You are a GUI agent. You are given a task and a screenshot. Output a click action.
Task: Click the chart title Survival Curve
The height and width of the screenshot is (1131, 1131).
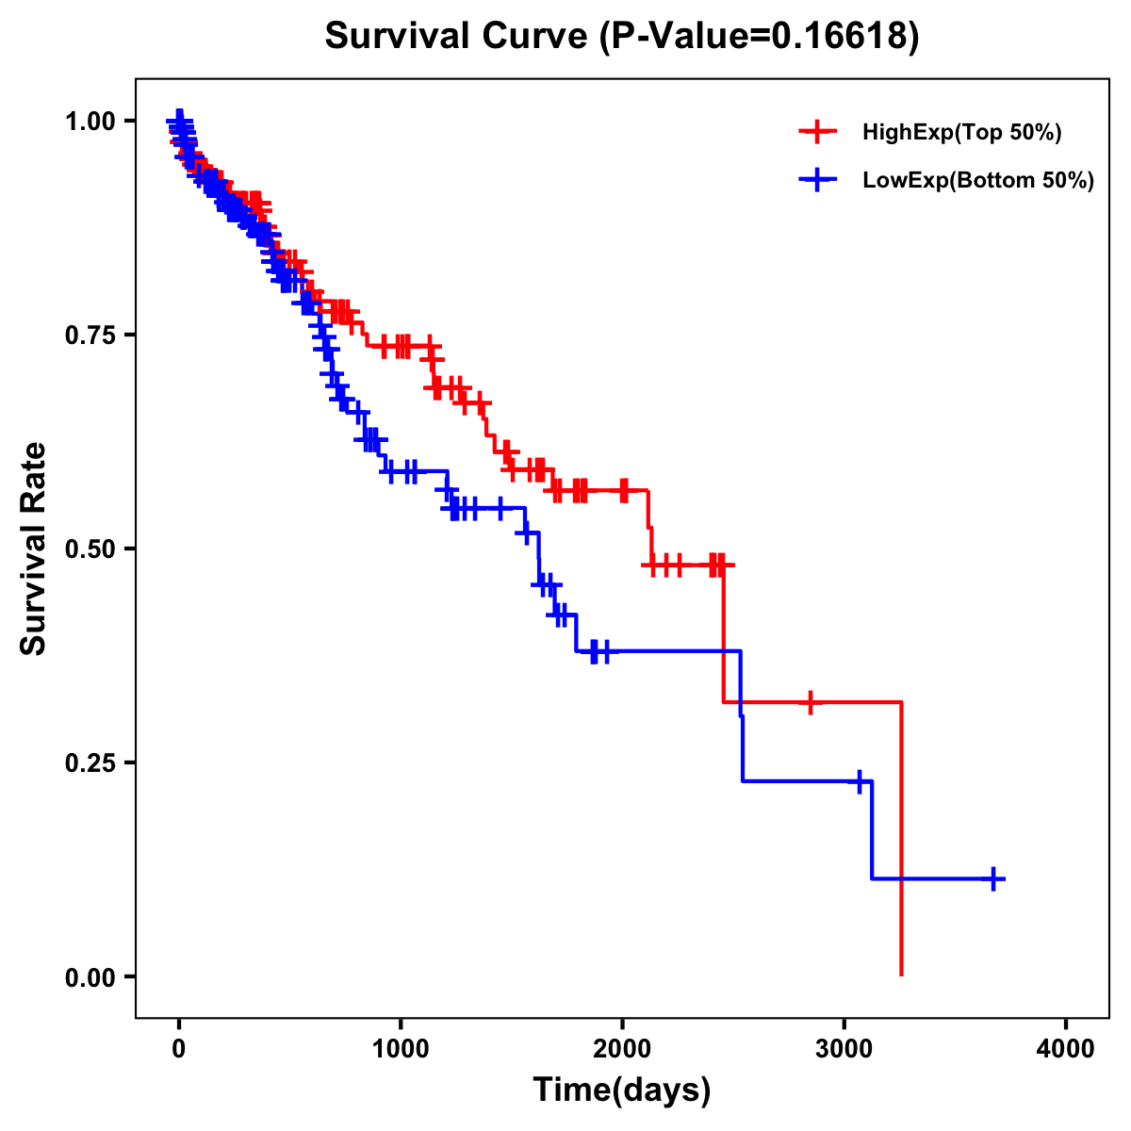(621, 37)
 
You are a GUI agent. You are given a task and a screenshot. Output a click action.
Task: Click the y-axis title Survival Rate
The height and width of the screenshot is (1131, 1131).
(34, 549)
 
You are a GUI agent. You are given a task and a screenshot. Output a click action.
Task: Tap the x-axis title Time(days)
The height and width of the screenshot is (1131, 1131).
(621, 1090)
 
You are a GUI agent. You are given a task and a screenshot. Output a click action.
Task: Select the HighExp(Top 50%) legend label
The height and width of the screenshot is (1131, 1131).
(961, 133)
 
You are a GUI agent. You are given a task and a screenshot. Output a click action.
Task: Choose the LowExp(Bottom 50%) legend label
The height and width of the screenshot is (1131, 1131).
(978, 181)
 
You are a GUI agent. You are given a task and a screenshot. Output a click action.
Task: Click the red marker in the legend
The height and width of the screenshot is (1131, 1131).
(817, 133)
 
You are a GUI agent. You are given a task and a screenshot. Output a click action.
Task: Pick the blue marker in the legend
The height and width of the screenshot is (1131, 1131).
(817, 181)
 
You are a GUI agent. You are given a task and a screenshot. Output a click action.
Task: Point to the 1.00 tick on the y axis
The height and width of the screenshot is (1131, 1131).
(90, 121)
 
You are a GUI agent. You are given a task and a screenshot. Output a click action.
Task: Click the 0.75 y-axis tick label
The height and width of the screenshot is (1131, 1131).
(90, 335)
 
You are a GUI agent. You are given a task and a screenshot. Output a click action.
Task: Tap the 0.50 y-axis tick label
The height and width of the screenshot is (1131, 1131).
(90, 549)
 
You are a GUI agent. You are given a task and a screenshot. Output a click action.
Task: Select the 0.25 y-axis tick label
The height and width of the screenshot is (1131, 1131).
(90, 762)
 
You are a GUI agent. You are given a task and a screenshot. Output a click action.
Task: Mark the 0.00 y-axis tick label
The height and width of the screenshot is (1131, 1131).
(90, 976)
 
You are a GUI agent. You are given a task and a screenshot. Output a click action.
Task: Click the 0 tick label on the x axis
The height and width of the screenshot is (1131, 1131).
(179, 1049)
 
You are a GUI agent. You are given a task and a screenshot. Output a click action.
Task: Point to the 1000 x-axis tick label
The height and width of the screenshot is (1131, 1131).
(401, 1049)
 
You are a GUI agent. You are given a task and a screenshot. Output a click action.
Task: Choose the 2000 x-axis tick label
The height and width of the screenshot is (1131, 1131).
(622, 1049)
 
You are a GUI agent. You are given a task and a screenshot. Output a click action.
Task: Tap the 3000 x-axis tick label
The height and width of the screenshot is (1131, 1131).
(844, 1049)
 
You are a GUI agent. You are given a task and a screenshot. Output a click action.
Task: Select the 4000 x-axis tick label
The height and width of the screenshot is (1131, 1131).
(1066, 1049)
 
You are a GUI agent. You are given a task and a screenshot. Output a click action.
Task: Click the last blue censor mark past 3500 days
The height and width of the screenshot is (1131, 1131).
(993, 878)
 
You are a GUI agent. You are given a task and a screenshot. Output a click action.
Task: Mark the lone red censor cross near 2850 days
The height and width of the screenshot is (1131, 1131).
(810, 702)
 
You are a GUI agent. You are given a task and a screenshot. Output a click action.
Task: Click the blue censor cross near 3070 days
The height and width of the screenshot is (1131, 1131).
(859, 781)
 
